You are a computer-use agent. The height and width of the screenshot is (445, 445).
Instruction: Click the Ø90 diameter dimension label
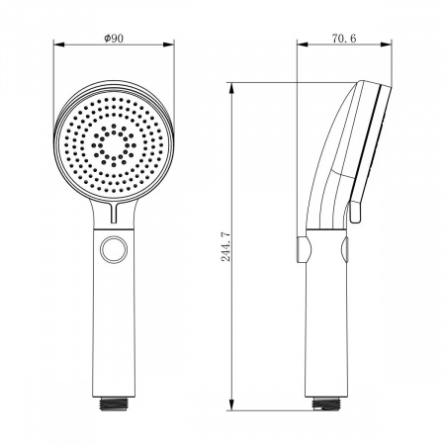point(114,39)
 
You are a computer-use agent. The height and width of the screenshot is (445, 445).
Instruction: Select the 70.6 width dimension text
point(344,39)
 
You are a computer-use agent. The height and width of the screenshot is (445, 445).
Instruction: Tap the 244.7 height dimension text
point(225,246)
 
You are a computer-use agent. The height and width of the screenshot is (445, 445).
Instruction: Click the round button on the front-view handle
point(114,249)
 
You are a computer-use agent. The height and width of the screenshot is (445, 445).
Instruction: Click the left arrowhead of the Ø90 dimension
point(58,44)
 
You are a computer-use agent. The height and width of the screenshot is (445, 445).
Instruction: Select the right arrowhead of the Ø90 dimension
point(168,44)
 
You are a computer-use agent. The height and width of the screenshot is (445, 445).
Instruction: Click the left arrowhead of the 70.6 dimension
point(303,44)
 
